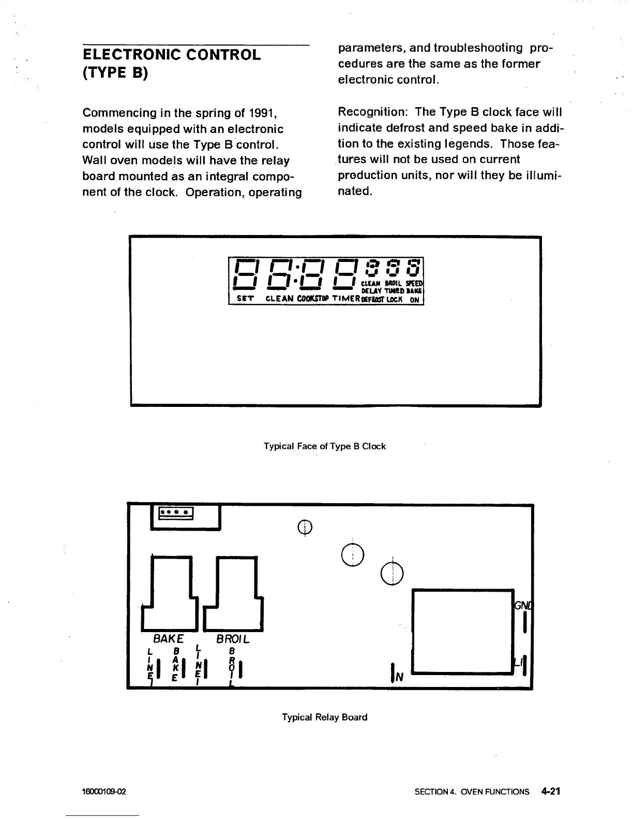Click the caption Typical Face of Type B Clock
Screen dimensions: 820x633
tap(324, 446)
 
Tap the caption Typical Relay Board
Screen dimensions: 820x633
tap(324, 717)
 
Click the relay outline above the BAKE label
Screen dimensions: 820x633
tap(171, 590)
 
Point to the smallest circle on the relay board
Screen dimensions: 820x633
tap(305, 528)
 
